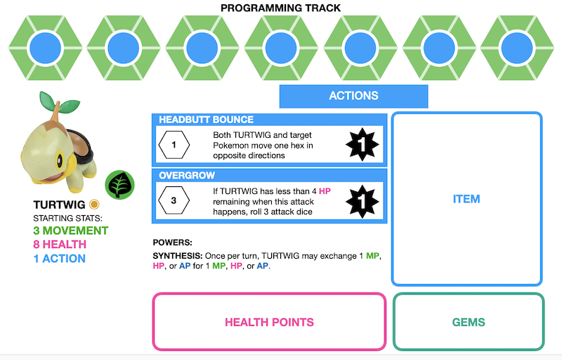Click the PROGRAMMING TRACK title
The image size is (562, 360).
280,8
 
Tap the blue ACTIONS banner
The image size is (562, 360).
353,96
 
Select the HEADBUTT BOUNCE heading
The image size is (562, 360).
206,120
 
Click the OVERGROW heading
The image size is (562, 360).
187,175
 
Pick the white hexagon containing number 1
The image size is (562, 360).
174,146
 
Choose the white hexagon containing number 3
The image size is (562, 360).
174,202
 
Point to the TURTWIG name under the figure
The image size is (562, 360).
59,205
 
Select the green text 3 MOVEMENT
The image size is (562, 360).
71,231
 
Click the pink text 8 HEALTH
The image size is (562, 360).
60,245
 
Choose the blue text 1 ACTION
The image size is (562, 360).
60,259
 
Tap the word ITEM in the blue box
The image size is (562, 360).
466,199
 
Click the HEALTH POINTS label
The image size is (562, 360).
269,322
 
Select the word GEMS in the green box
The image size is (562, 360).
469,322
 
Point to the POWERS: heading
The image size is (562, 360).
173,243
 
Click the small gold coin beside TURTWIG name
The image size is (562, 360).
93,205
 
